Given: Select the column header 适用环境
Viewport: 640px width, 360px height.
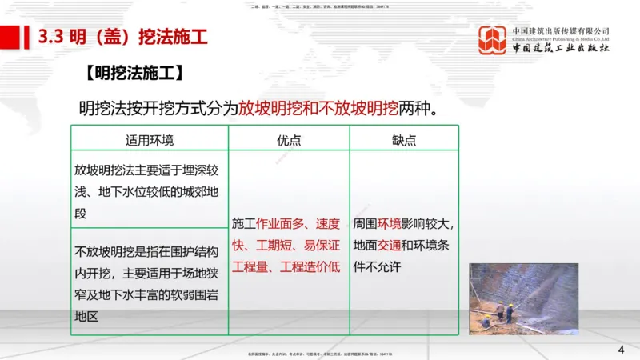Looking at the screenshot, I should tap(150, 139).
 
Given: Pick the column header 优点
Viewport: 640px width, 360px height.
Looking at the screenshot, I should tap(289, 139).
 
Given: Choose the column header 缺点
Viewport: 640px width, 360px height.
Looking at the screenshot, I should tap(404, 139).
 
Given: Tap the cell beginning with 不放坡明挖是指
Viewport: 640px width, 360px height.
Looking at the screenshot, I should tap(149, 274).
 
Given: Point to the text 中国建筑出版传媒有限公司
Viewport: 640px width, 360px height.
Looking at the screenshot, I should tap(561, 30).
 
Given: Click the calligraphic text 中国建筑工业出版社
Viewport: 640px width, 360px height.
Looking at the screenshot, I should tap(561, 49).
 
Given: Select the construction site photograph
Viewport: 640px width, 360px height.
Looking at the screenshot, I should tap(523, 298).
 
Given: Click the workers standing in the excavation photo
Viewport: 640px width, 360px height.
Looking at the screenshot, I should tap(505, 310).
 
